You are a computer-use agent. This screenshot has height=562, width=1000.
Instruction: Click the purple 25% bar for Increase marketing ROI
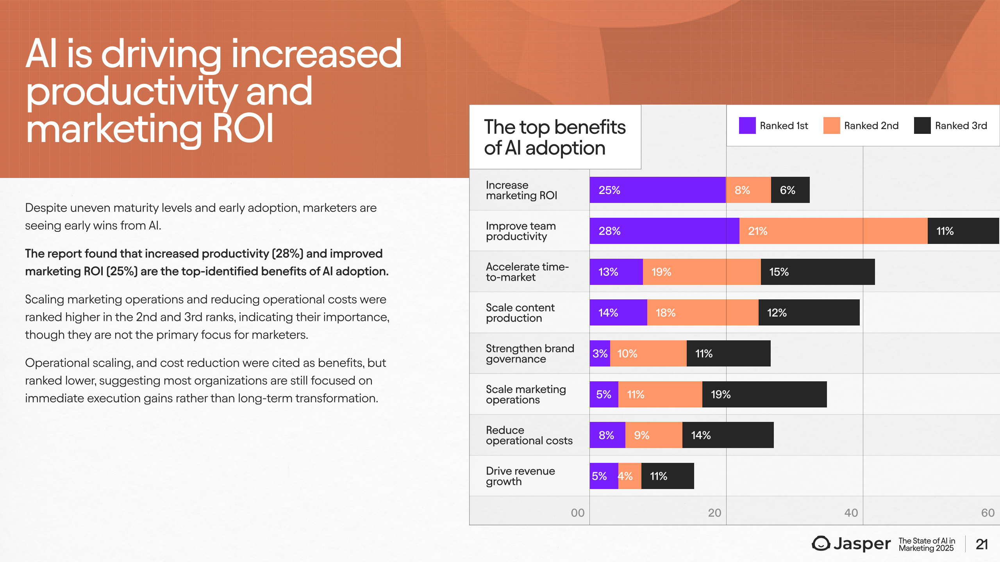pyautogui.click(x=657, y=190)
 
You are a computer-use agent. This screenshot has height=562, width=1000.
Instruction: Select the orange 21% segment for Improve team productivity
pyautogui.click(x=833, y=231)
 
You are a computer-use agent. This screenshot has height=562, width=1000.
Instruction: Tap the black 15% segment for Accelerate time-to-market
pyautogui.click(x=818, y=272)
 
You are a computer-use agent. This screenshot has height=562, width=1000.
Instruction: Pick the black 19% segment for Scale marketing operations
pyautogui.click(x=764, y=395)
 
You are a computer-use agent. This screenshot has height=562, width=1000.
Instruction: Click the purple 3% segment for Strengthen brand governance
pyautogui.click(x=600, y=354)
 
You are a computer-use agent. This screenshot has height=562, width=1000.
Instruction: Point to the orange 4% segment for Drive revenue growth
pyautogui.click(x=630, y=476)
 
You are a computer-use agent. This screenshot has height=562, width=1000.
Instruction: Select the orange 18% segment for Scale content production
pyautogui.click(x=702, y=313)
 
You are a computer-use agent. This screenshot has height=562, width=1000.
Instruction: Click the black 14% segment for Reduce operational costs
pyautogui.click(x=728, y=435)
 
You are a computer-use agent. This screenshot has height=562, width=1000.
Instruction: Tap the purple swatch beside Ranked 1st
pyautogui.click(x=747, y=126)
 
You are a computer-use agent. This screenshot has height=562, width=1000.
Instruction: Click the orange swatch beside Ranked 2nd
pyautogui.click(x=831, y=126)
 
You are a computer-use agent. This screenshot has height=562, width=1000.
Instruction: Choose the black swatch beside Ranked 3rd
pyautogui.click(x=922, y=126)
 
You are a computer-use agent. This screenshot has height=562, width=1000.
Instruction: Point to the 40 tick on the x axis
pyautogui.click(x=851, y=513)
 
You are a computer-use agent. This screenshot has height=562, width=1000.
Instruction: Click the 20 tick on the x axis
pyautogui.click(x=714, y=513)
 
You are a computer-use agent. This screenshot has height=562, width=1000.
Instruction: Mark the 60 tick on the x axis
pyautogui.click(x=987, y=513)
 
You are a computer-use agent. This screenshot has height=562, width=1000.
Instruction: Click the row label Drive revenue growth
pyautogui.click(x=520, y=476)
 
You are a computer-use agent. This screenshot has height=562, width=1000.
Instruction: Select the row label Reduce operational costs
pyautogui.click(x=529, y=436)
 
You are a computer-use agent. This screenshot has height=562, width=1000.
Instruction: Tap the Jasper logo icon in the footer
pyautogui.click(x=821, y=544)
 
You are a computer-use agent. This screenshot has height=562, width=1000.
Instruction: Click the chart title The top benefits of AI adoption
pyautogui.click(x=555, y=137)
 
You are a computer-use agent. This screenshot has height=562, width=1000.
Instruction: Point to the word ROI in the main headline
pyautogui.click(x=243, y=129)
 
